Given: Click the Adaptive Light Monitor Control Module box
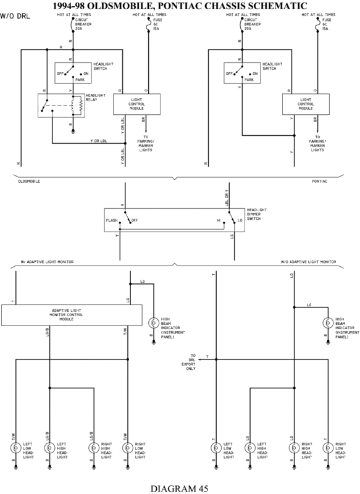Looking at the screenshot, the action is point(72,315).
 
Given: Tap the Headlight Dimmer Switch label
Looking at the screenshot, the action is point(257,214).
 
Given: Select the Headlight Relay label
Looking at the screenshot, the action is point(96,98).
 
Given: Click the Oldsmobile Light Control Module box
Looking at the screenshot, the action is point(136,104).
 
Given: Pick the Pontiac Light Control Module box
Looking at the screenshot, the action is point(306,104).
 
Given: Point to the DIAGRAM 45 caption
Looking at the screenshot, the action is point(179,488).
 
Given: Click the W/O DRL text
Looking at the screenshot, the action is point(15,16).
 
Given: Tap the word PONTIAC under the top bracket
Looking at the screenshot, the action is point(320,181).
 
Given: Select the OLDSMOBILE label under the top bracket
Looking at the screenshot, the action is point(29,181).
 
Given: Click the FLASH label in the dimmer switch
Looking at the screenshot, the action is point(112,220).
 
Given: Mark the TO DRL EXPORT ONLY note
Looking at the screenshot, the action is point(190,362).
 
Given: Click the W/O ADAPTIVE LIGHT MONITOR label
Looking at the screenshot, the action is point(308,262).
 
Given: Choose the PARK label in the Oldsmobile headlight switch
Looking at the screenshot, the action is point(80,80).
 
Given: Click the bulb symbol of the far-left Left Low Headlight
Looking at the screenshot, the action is point(16,448).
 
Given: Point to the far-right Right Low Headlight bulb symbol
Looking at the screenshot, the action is point(328,448).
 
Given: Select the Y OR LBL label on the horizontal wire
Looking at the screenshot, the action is point(99,141).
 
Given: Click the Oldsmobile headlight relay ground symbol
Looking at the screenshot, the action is point(73,130).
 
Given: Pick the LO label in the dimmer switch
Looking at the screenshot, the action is point(240,220).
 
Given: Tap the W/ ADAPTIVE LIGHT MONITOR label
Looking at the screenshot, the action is point(47,262).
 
